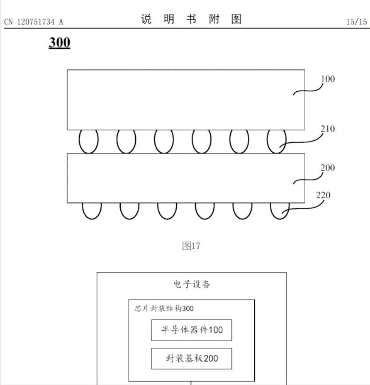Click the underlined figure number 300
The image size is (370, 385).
coord(59,43)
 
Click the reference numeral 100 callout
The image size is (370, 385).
coord(327,79)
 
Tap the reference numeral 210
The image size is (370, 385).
coord(328,129)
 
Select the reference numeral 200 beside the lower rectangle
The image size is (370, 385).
coord(327,168)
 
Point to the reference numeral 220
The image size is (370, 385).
coord(323,195)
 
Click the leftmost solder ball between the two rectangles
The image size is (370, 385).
coord(88,141)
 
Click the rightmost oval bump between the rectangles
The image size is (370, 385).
coord(276,141)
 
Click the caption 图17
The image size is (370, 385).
coord(191,246)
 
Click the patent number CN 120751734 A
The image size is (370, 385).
coord(34,21)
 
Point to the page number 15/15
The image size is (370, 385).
coord(357,21)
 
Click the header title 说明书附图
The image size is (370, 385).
coord(191,20)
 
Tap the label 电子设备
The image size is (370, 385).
coord(192,284)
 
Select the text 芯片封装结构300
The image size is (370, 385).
coord(164,308)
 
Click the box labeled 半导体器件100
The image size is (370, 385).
coord(192,330)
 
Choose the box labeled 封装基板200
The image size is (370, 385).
coord(192,358)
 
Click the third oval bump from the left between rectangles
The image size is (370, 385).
coord(164,141)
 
